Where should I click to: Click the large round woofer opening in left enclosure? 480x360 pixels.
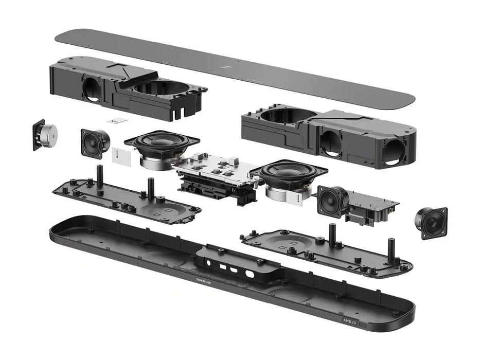click(x=160, y=87)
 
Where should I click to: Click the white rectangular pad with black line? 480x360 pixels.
click(x=121, y=157)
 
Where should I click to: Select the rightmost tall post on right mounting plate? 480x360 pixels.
click(x=391, y=250)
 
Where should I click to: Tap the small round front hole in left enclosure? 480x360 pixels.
click(x=92, y=88)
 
